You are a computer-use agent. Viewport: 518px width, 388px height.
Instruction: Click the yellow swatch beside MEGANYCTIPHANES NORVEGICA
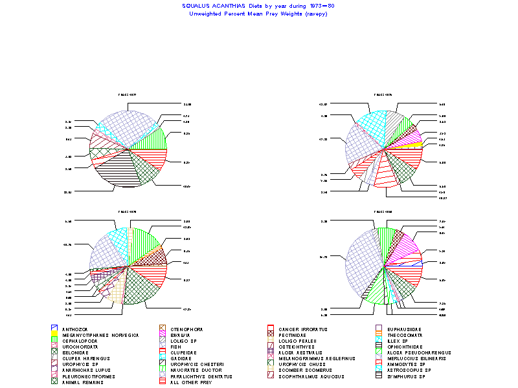(x=54, y=335)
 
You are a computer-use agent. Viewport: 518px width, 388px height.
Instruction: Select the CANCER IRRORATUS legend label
(x=303, y=329)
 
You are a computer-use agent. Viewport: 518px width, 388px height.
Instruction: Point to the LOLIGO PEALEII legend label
(x=297, y=341)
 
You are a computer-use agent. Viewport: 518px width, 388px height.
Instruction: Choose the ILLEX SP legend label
(x=398, y=341)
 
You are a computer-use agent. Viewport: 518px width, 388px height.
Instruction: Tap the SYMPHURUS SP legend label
(x=405, y=376)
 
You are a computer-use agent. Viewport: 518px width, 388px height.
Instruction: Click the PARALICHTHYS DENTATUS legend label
(x=201, y=376)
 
